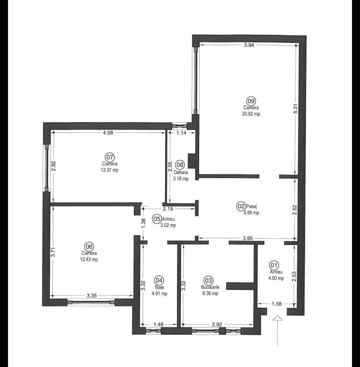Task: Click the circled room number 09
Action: (251, 101)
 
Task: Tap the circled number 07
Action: (109, 157)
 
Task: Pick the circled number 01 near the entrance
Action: (274, 265)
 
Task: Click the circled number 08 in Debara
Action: (180, 165)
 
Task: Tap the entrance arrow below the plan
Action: (278, 328)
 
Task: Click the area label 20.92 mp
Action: (251, 114)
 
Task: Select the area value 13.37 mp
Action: (110, 170)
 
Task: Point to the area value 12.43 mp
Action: (89, 259)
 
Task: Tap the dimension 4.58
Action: (108, 133)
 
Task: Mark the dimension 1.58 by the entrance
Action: (276, 304)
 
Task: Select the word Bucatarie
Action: (210, 287)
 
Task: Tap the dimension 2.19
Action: (168, 208)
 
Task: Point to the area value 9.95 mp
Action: (251, 213)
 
